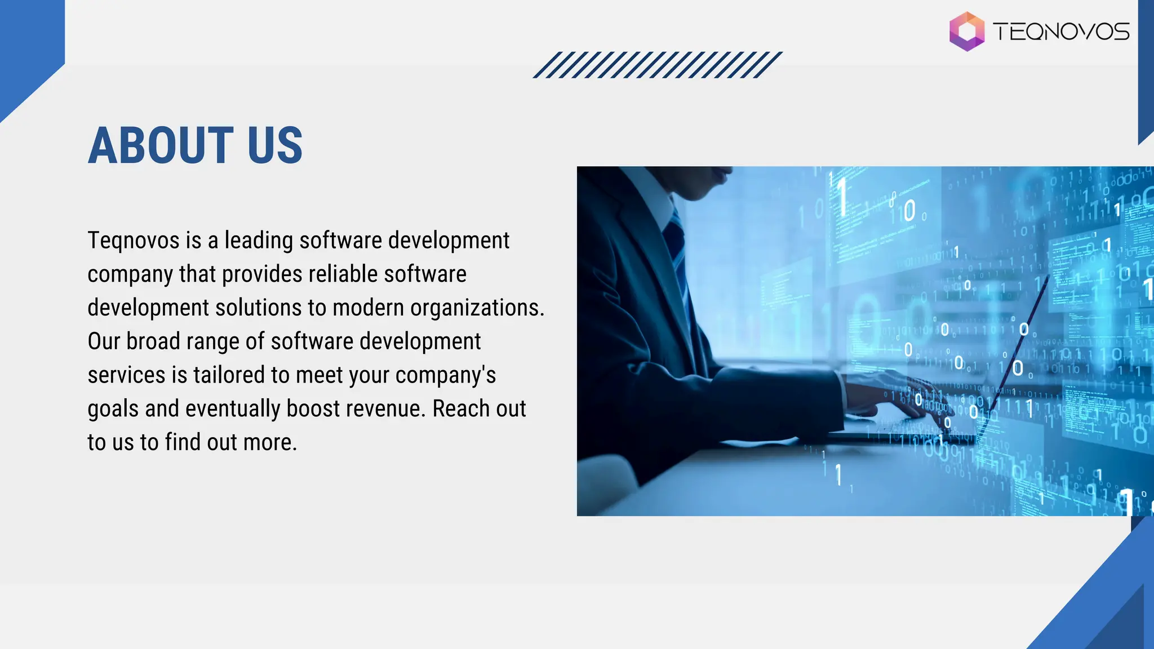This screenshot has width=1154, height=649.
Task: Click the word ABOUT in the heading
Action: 161,145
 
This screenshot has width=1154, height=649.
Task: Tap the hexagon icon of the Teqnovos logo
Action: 967,32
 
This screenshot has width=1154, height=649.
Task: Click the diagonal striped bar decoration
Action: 658,65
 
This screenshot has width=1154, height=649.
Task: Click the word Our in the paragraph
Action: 104,341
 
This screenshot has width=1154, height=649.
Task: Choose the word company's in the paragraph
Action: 445,375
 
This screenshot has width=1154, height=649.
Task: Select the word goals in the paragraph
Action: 113,409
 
